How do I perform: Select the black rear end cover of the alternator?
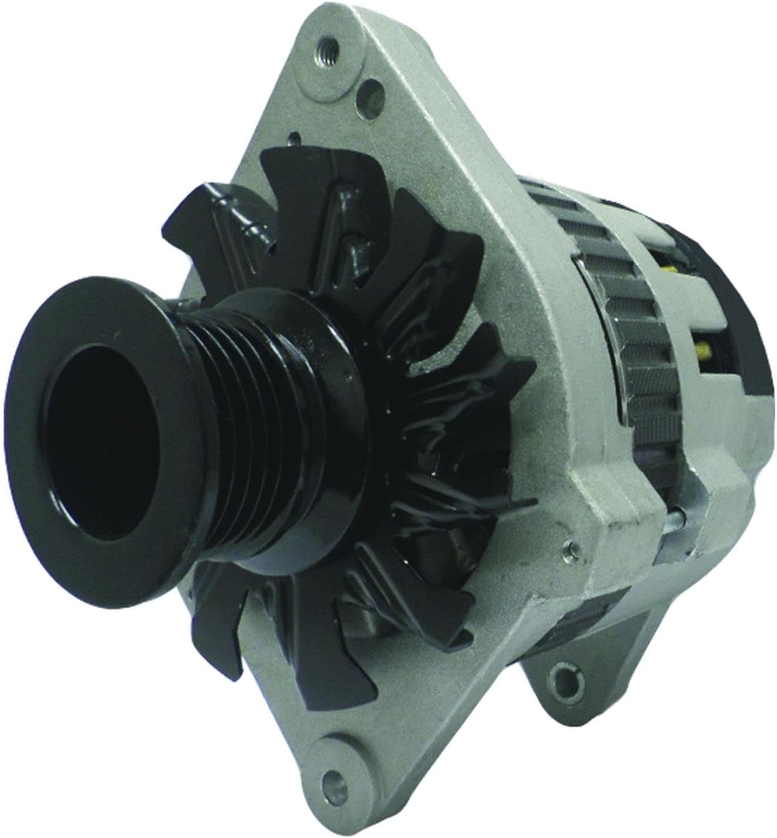click(723, 306)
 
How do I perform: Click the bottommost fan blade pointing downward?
click(217, 635)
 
